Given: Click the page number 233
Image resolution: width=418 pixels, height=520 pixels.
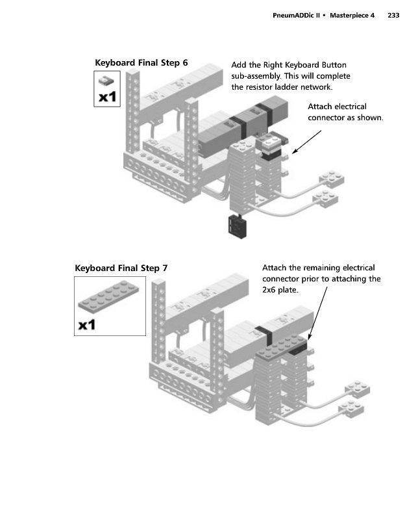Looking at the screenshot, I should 393,15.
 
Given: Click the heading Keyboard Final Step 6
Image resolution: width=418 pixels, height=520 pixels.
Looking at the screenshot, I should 141,62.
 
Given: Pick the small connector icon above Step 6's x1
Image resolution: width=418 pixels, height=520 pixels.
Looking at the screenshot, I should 106,80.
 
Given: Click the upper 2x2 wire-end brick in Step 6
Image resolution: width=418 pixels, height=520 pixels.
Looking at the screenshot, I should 331,179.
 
